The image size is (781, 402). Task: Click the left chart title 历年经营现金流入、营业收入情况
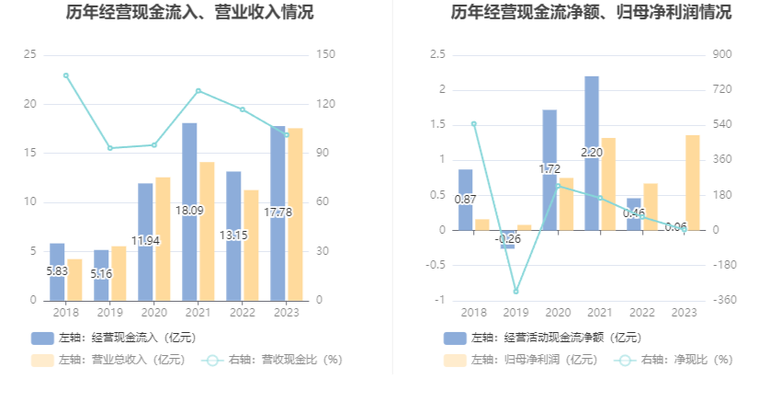tap(190, 13)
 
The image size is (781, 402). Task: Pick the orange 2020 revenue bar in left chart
tap(164, 238)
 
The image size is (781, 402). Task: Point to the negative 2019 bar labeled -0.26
tap(507, 239)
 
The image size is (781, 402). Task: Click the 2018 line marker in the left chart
tap(65, 75)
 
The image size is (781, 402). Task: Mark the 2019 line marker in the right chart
tap(516, 291)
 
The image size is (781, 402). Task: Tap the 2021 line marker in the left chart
tap(198, 91)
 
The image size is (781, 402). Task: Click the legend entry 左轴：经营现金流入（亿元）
tap(114, 338)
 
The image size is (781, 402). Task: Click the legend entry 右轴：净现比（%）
tap(674, 360)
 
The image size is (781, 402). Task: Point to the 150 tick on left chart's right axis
tap(324, 55)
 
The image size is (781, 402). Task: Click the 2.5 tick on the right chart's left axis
tap(437, 55)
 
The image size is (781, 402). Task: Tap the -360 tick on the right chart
tap(724, 300)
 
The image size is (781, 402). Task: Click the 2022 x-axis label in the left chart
tap(242, 313)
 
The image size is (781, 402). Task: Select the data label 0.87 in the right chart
tap(465, 199)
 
